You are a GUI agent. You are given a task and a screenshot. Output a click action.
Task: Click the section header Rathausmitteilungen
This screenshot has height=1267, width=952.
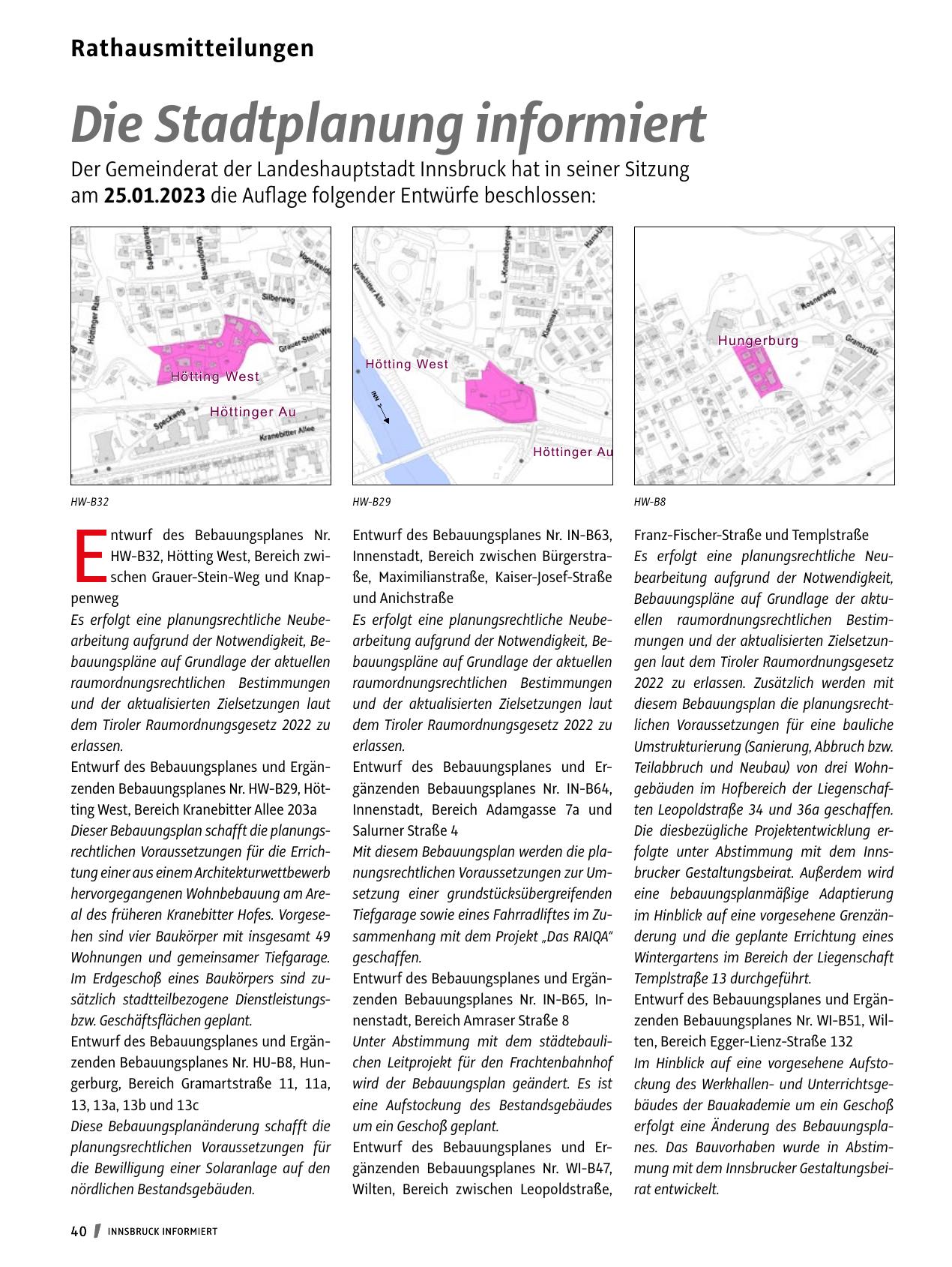point(192,49)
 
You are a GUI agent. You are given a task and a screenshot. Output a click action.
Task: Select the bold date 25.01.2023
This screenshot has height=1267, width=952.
point(154,197)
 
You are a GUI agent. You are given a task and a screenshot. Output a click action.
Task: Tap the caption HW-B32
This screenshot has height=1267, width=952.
point(85,502)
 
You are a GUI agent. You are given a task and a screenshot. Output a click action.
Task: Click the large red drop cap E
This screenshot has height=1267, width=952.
point(88,556)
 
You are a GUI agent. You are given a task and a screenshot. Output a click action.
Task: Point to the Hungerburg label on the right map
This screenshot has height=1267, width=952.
point(758,341)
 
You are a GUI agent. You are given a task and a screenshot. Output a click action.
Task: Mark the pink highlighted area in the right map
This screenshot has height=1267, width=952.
point(759,371)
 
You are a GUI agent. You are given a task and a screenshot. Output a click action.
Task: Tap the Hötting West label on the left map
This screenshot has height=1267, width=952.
point(214,377)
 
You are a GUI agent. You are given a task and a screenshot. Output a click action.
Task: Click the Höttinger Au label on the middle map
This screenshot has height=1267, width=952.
point(573,452)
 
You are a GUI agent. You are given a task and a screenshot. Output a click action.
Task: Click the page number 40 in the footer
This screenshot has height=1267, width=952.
point(79,1231)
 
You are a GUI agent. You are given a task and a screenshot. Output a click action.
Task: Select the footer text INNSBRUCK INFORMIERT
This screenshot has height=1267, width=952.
point(163,1232)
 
